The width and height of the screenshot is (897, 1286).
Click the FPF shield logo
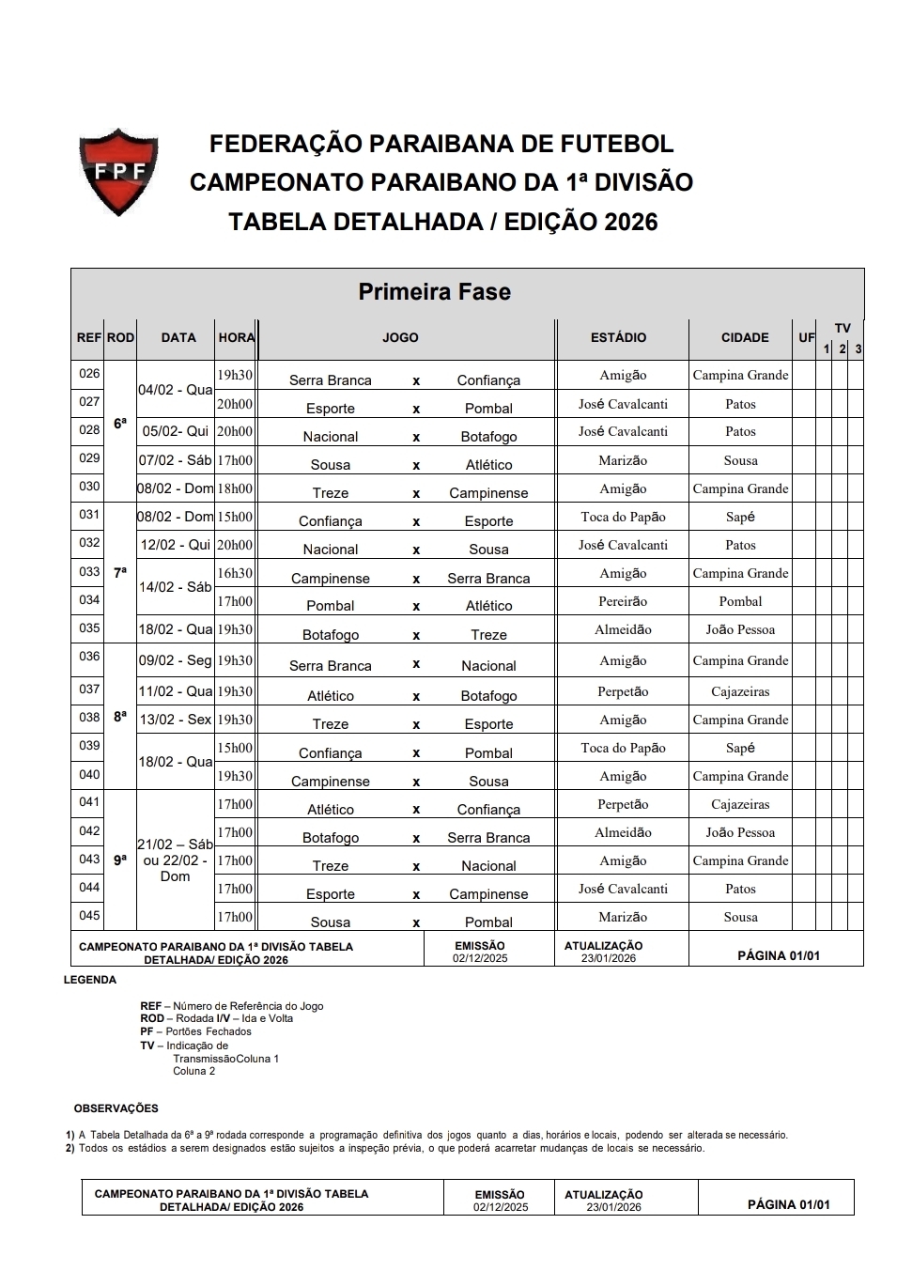[117, 172]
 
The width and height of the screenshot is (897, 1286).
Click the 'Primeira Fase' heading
[434, 291]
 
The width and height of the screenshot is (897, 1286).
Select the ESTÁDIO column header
[618, 337]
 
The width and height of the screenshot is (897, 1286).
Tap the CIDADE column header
[745, 337]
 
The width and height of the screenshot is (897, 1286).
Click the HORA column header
[236, 337]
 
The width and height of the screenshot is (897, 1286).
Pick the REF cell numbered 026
[89, 374]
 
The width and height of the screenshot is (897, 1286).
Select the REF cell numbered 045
[89, 916]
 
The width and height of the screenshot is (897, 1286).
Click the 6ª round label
[120, 424]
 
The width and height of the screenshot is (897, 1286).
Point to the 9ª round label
[120, 860]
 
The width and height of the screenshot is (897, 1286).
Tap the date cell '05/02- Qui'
[176, 431]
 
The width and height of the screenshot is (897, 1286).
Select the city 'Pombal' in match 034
[740, 601]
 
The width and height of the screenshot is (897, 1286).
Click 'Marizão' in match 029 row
[622, 460]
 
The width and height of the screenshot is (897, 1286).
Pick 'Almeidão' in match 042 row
[623, 832]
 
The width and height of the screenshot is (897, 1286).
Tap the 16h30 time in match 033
[235, 573]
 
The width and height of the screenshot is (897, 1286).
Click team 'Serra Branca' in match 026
[331, 380]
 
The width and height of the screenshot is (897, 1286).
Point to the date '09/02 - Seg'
[176, 660]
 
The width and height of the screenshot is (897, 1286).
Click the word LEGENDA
[90, 980]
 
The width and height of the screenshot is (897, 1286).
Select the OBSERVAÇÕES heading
[116, 1108]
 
